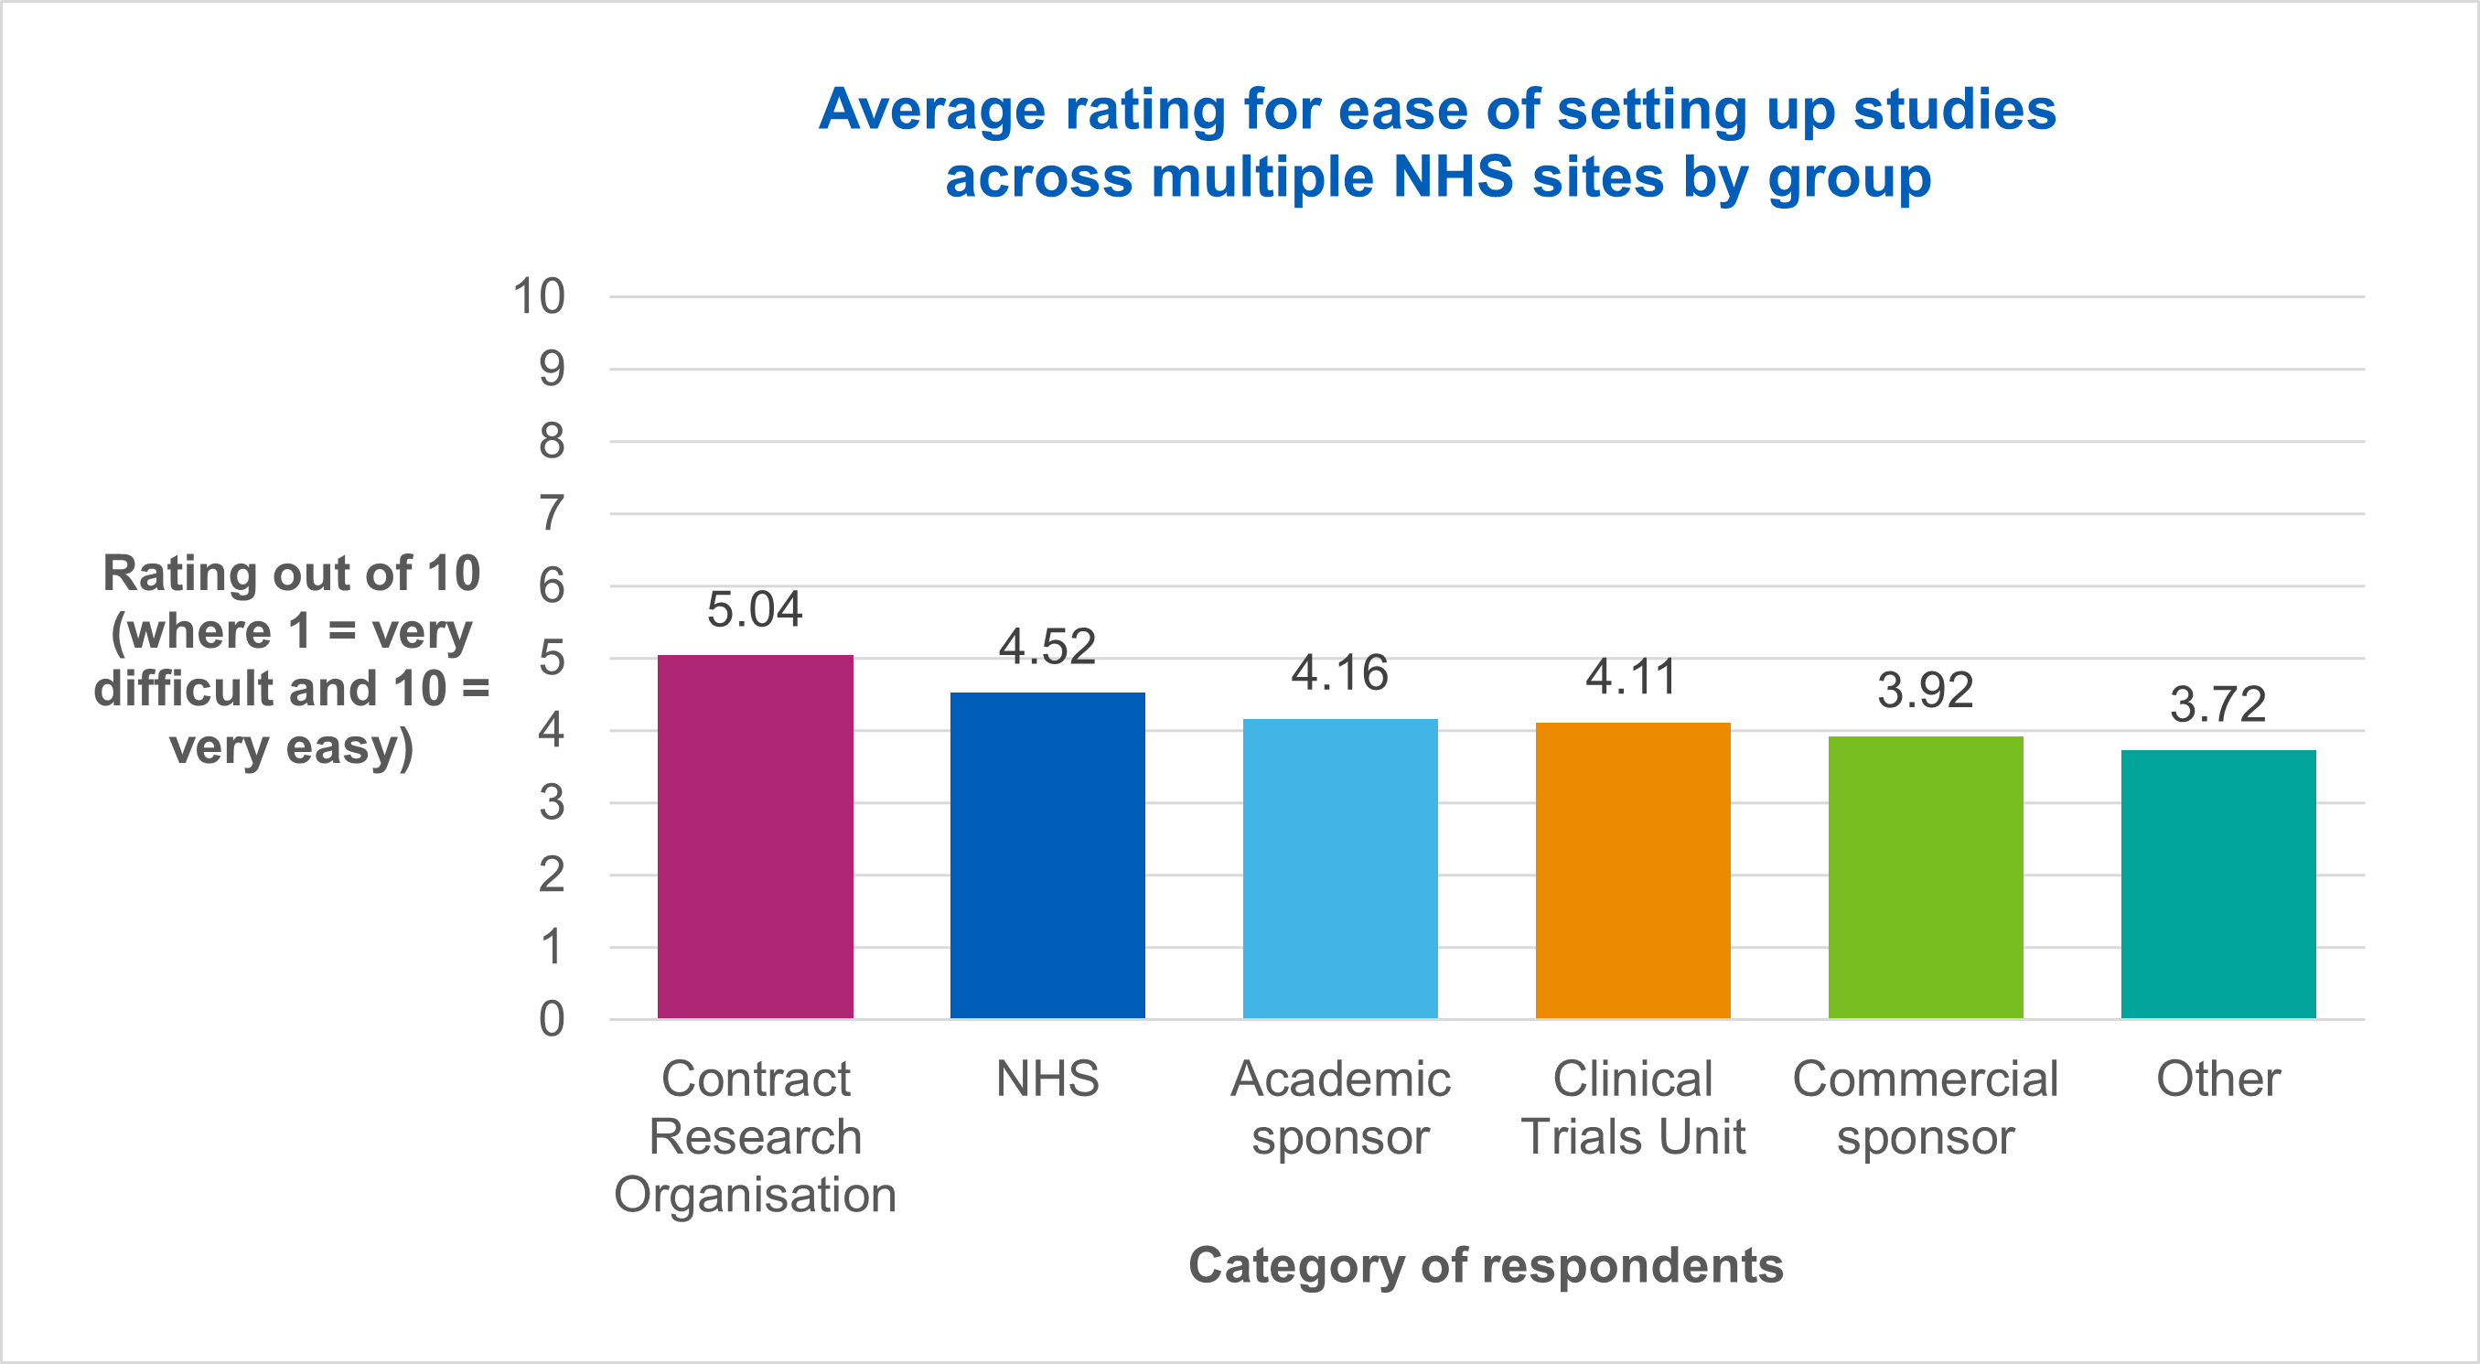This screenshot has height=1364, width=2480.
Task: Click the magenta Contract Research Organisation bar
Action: tap(755, 837)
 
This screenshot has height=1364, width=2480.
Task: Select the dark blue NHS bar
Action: tap(1047, 855)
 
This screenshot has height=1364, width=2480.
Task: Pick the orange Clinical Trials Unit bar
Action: tap(1633, 871)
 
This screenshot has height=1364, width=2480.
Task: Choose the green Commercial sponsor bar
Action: tap(1926, 878)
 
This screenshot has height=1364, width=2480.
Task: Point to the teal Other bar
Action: tap(2218, 885)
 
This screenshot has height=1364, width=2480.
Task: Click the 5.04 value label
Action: tap(755, 609)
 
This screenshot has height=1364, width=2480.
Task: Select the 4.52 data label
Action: tap(1047, 647)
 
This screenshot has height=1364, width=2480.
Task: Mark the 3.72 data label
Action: tap(2218, 704)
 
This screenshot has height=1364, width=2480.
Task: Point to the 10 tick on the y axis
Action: tap(538, 296)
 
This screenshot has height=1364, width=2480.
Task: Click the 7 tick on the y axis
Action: tap(551, 513)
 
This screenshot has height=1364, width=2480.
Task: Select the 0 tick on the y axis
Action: tap(551, 1019)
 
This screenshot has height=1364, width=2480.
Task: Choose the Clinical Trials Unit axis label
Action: tap(1633, 1107)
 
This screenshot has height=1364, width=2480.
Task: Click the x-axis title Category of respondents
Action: tap(1486, 1265)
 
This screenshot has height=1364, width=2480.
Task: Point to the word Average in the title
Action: tap(932, 109)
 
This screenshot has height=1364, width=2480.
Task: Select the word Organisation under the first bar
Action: tap(755, 1195)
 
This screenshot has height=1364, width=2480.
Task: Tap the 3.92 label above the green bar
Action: tap(1926, 690)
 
